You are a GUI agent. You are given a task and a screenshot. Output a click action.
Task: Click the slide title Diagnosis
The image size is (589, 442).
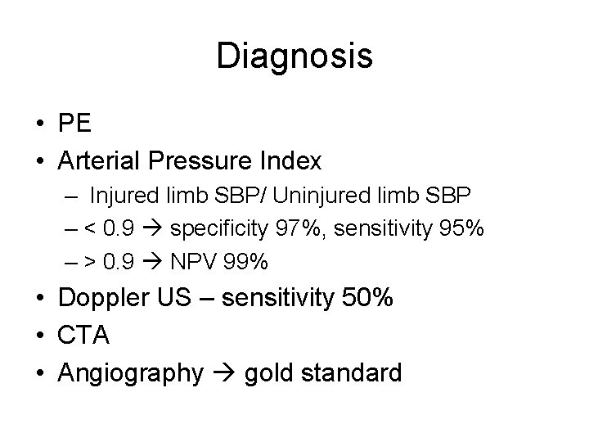click(x=294, y=56)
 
